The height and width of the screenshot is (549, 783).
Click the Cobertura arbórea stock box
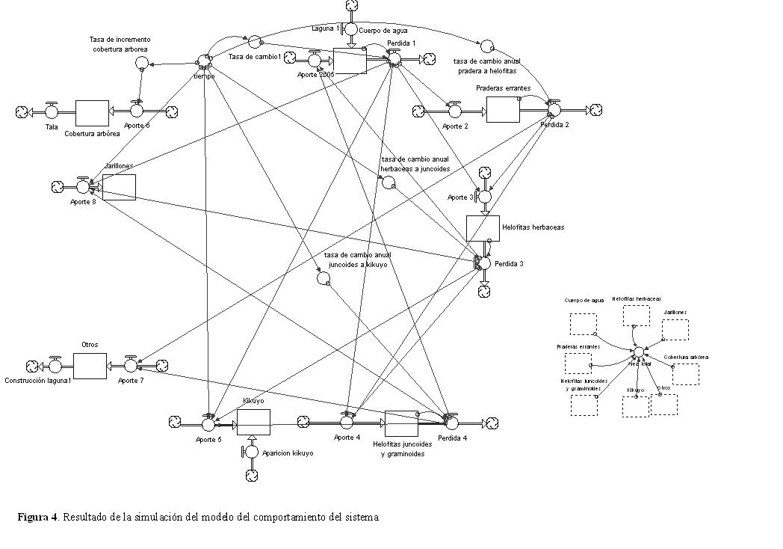pyautogui.click(x=92, y=112)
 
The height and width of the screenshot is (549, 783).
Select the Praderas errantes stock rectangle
pyautogui.click(x=502, y=109)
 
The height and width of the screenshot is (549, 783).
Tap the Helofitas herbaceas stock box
pyautogui.click(x=482, y=228)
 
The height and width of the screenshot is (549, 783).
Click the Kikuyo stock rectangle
pyautogui.click(x=253, y=423)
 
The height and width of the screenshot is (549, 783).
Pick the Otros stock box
pyautogui.click(x=90, y=366)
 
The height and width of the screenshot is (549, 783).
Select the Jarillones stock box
pyautogui.click(x=119, y=187)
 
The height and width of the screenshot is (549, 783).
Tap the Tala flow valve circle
pyautogui.click(x=52, y=112)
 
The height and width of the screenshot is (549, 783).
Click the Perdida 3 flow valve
pyautogui.click(x=483, y=263)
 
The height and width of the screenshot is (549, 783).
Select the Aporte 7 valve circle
pyautogui.click(x=131, y=366)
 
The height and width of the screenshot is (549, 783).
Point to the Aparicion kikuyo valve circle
pyautogui.click(x=252, y=451)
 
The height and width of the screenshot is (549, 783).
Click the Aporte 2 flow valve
pyautogui.click(x=454, y=111)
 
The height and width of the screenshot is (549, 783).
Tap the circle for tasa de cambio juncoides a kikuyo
pyautogui.click(x=323, y=279)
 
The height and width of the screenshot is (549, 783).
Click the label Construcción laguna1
pyautogui.click(x=37, y=380)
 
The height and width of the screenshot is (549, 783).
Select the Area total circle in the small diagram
pyautogui.click(x=639, y=352)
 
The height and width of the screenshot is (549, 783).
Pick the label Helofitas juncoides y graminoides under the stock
pyautogui.click(x=402, y=449)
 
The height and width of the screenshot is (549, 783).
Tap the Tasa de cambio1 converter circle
pyautogui.click(x=254, y=41)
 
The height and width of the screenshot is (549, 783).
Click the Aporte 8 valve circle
pyautogui.click(x=82, y=186)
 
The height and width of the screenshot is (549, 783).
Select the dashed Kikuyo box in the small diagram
pyautogui.click(x=636, y=405)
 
